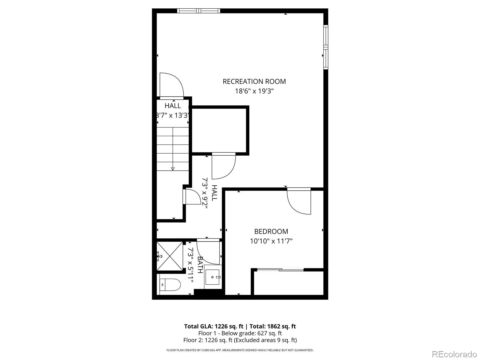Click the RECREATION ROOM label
(x=254, y=81)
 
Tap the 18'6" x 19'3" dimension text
(x=254, y=91)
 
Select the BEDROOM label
(x=271, y=231)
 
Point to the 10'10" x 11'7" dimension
(x=271, y=241)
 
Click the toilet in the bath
(x=170, y=284)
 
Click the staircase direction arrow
(x=172, y=169)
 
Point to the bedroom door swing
(x=298, y=201)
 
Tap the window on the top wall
(x=199, y=11)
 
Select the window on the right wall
(x=325, y=47)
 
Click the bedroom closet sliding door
(x=280, y=270)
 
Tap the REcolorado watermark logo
(x=454, y=354)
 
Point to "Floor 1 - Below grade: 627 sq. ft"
(x=240, y=333)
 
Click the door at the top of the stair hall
(x=172, y=85)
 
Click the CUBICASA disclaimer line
(x=240, y=350)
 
